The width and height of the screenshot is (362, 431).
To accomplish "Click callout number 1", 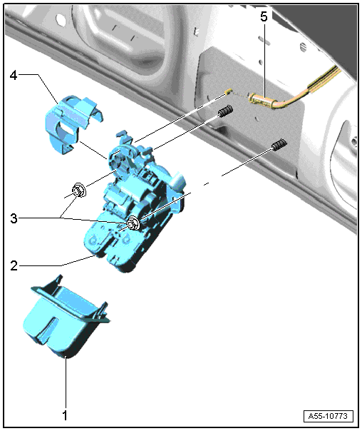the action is [65, 415].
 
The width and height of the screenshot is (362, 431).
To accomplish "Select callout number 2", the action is [14, 265].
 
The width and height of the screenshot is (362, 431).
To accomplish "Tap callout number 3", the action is [14, 218].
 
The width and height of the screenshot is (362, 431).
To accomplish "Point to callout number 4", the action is [14, 75].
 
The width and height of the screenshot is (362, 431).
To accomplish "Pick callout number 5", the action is [264, 16].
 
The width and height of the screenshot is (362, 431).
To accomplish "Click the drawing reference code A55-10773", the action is [328, 416].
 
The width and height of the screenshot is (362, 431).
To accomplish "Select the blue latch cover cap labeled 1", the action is [66, 316].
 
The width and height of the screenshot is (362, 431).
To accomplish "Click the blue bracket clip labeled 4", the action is [71, 123].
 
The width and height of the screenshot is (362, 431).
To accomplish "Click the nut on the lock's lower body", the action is [134, 223].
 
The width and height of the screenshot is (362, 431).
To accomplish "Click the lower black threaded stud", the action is [279, 145].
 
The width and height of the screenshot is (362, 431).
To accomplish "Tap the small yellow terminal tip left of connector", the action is [228, 91].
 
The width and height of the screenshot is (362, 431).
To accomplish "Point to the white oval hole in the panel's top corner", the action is [60, 19].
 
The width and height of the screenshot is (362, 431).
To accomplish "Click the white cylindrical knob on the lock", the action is [178, 181].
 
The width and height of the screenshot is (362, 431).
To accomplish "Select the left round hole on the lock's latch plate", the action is [93, 240].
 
